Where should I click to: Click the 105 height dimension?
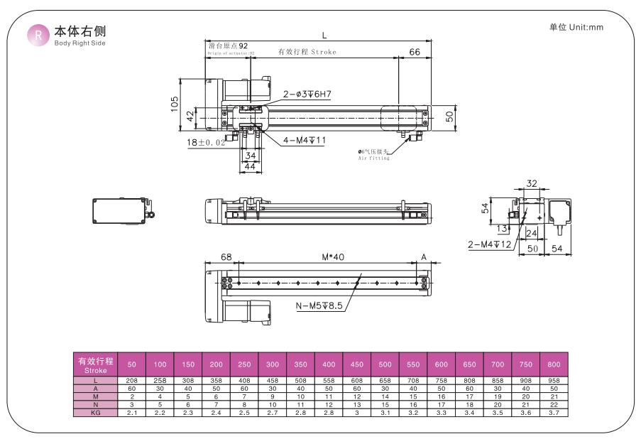[x=174, y=104]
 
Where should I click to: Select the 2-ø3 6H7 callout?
[x=307, y=94]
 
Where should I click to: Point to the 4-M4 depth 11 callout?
[x=305, y=141]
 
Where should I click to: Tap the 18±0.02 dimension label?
[x=207, y=143]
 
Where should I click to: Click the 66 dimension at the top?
[x=415, y=52]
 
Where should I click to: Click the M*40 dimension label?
[x=328, y=257]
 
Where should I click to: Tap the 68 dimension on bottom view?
[x=226, y=257]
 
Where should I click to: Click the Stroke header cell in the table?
[x=95, y=365]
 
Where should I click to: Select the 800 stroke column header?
[x=554, y=365]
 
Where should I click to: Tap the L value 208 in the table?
[x=131, y=381]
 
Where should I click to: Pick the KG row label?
[x=95, y=413]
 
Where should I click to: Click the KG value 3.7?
[x=554, y=413]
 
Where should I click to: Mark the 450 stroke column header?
[x=356, y=365]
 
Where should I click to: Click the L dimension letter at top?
[x=324, y=35]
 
